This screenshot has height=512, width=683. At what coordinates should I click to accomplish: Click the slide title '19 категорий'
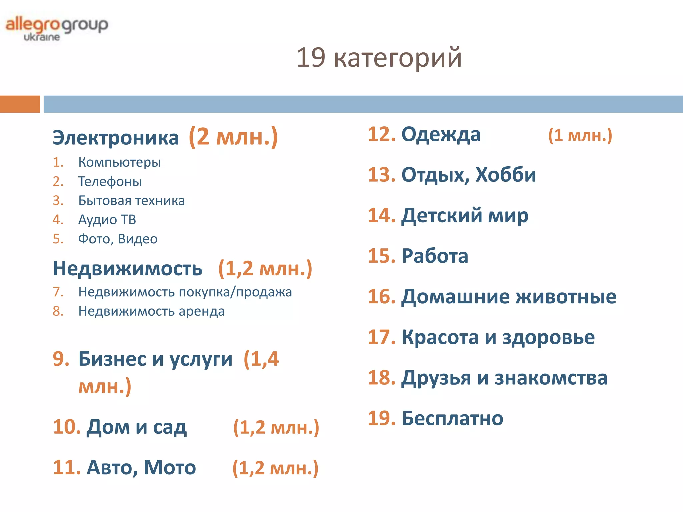[x=379, y=58]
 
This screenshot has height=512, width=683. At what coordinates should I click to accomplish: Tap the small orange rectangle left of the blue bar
[x=20, y=104]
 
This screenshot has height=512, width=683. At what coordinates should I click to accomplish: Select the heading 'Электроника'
[x=116, y=137]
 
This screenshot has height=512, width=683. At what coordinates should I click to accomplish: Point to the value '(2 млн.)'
[x=233, y=137]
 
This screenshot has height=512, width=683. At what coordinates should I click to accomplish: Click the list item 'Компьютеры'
[x=119, y=162]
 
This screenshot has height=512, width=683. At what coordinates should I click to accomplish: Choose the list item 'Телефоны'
[x=110, y=182]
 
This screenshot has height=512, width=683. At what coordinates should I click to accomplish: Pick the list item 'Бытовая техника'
[x=131, y=201]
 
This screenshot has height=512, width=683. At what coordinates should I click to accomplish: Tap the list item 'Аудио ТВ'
[x=107, y=220]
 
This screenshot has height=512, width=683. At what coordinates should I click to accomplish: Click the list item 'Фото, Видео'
[x=118, y=239]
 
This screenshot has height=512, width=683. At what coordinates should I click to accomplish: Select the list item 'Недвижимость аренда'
[x=151, y=311]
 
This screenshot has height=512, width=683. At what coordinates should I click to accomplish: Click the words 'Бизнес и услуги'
[x=155, y=359]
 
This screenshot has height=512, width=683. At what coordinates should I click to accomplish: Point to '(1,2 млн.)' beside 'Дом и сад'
[x=276, y=427]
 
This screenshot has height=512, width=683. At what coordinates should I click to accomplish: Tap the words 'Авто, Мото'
[x=141, y=467]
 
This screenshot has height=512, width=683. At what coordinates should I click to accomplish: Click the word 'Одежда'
[x=441, y=135]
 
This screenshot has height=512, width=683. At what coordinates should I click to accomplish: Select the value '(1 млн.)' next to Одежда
[x=580, y=135]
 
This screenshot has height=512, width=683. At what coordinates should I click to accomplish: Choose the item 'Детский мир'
[x=465, y=215]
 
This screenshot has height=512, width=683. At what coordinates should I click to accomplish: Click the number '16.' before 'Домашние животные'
[x=381, y=296]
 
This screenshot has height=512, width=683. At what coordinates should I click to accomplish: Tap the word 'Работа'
[x=435, y=256]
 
